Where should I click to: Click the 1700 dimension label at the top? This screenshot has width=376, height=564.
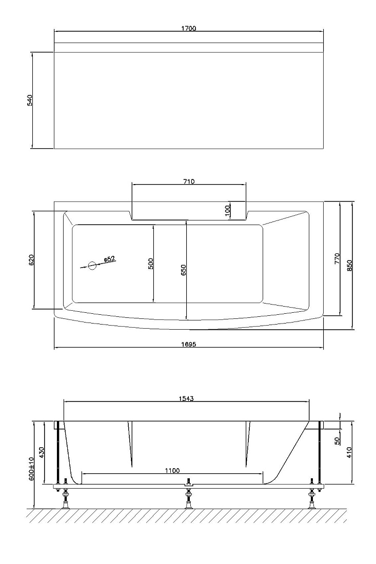pos(189,28)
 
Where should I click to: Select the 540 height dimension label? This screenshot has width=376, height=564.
pos(30,100)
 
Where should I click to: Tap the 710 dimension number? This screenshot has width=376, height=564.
pos(189,182)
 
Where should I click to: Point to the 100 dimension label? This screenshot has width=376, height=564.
pos(227,210)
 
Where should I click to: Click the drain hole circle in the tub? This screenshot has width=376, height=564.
pos(92,266)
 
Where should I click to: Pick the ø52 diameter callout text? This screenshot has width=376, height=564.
pos(109,258)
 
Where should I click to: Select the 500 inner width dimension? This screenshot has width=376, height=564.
pos(151,264)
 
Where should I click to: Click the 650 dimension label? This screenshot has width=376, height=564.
pos(183,270)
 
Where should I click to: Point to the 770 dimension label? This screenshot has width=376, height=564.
pos(337,258)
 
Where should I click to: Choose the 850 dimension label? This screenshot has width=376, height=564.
pos(349,265)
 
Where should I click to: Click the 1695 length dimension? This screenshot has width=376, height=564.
pos(189,344)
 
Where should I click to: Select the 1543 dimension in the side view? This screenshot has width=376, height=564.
pos(186,398)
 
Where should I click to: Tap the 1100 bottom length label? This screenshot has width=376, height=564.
pos(172,470)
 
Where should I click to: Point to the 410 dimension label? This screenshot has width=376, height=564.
pos(349,452)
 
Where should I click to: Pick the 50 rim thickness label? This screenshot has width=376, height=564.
pos(337,441)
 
